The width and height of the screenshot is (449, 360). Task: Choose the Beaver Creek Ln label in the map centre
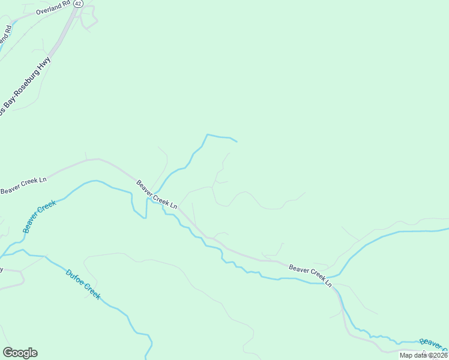pos(157,194)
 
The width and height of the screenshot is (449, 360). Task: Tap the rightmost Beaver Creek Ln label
pos(310,274)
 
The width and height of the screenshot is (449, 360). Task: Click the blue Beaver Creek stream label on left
pos(39,216)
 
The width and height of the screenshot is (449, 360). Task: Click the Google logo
pos(20,353)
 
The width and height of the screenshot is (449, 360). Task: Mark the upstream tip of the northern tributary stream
pos(237,142)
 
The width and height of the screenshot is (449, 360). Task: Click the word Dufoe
pos(74,278)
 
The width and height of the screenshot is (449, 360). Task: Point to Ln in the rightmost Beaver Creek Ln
pos(328,281)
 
